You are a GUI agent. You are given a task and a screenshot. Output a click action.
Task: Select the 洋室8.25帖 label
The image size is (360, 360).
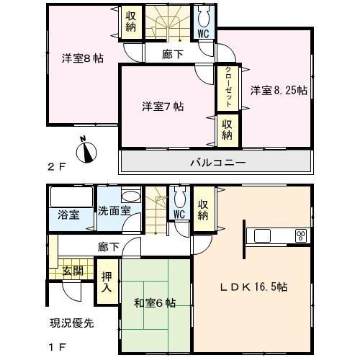[279, 91]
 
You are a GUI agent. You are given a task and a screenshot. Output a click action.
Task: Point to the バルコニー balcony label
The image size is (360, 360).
[217, 163]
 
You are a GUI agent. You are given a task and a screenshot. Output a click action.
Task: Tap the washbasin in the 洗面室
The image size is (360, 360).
[130, 197]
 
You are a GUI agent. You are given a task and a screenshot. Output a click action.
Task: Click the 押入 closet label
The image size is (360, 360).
[107, 282]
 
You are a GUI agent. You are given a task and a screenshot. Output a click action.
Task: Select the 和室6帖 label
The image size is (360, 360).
[154, 303]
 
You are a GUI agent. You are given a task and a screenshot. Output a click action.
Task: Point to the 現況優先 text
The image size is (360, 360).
[72, 323]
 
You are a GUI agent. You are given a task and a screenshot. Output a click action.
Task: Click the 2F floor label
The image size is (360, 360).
[57, 166]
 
